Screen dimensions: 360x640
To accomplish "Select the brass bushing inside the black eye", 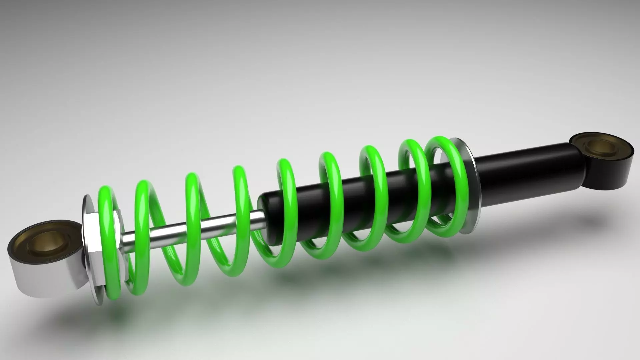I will point(600,147).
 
